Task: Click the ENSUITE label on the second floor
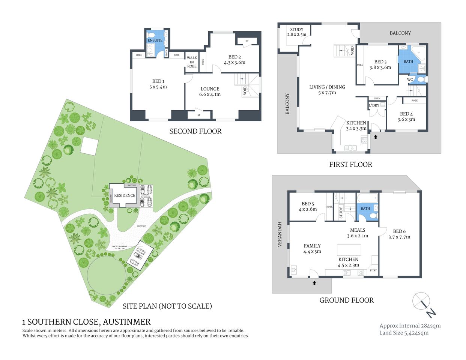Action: point(155,40)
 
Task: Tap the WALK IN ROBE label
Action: point(192,62)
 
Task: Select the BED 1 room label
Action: point(158,84)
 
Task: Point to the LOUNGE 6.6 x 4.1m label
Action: point(210,91)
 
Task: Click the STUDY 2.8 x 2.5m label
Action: point(296,32)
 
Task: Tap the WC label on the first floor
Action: point(410,79)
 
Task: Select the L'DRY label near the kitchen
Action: point(374,105)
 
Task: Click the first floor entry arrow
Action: point(376,137)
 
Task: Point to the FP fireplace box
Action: point(293,270)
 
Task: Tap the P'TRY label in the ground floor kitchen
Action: point(373,270)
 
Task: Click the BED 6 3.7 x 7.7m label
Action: point(399,234)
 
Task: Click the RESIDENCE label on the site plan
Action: point(125,195)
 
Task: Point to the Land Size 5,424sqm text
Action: point(404,333)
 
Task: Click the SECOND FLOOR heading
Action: point(195,131)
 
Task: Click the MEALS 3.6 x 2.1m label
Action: point(357,233)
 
